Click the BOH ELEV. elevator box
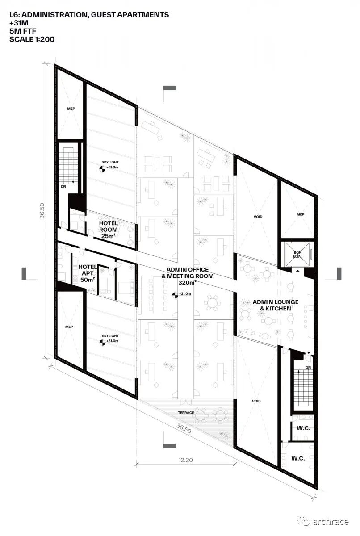tap(297, 254)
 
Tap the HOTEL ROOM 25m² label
tap(109, 230)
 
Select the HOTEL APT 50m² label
tap(88, 273)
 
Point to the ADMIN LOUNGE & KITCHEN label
tap(276, 306)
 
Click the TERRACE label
tap(186, 413)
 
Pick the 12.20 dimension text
tap(186, 460)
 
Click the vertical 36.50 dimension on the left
tap(42, 211)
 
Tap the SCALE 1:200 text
tap(32, 39)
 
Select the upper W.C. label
tap(303, 428)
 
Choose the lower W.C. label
tap(298, 458)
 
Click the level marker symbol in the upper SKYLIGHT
tap(102, 169)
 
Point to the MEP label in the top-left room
tap(71, 109)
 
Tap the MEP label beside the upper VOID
tap(301, 214)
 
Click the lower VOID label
tap(256, 401)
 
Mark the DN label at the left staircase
tap(63, 186)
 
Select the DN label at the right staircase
tap(308, 367)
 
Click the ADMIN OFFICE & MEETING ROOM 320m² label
tap(188, 276)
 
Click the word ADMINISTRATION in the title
tap(54, 15)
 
